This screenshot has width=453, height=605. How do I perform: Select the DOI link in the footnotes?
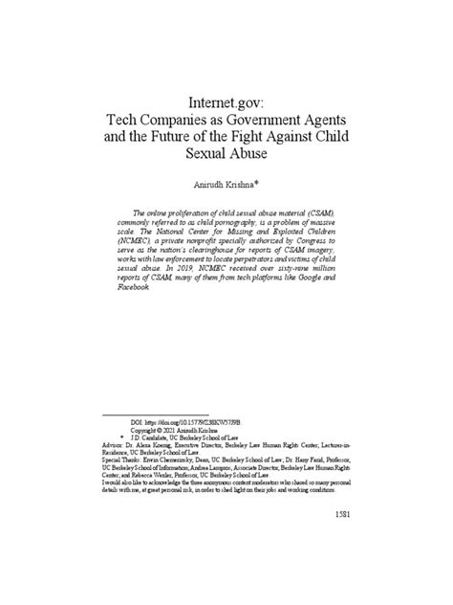click(191, 421)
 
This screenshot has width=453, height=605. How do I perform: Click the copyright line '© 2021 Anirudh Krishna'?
click(178, 430)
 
